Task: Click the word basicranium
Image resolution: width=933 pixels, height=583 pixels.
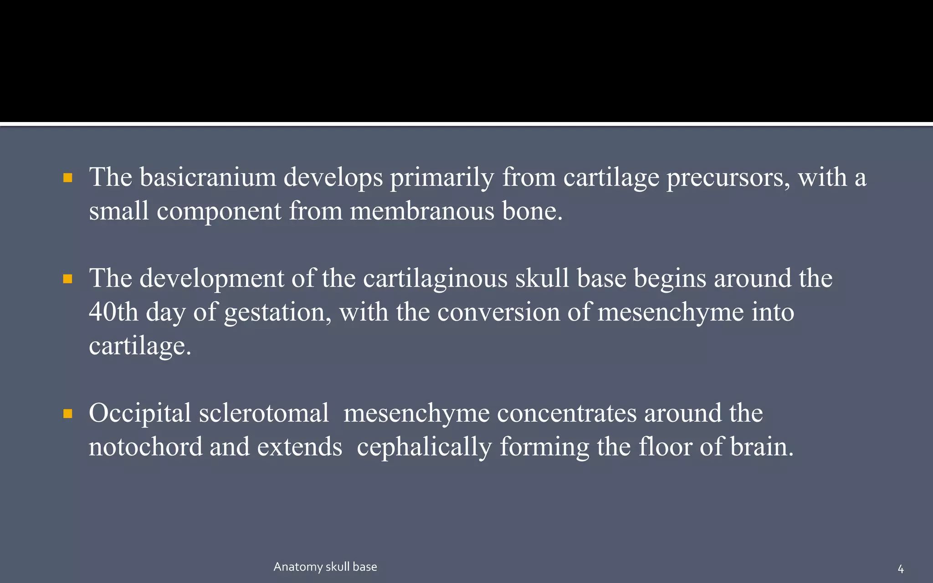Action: (x=208, y=177)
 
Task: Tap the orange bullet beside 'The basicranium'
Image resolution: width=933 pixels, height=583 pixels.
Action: (x=68, y=178)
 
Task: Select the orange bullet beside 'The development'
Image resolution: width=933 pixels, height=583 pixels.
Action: (x=68, y=279)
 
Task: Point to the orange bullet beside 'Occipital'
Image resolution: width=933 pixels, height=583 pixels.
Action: (x=68, y=414)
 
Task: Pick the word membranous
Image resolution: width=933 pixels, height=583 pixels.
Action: (x=422, y=211)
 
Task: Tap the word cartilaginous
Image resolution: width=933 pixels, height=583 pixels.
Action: (x=435, y=278)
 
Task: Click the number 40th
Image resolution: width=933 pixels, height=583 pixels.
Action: (x=113, y=312)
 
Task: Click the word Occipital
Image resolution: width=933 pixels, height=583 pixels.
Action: (x=140, y=414)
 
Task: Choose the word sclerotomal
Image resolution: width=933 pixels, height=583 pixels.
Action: (x=264, y=413)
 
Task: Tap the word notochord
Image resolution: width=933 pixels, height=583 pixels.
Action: (x=145, y=447)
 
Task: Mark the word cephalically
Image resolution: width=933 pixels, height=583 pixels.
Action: (x=424, y=447)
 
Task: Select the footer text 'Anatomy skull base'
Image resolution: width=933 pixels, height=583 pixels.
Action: (x=325, y=567)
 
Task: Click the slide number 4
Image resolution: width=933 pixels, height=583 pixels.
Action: (x=900, y=569)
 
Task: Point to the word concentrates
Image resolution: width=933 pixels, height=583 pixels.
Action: (x=567, y=413)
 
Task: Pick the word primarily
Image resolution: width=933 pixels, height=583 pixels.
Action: (x=442, y=177)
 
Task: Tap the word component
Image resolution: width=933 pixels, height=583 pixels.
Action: (x=219, y=211)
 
